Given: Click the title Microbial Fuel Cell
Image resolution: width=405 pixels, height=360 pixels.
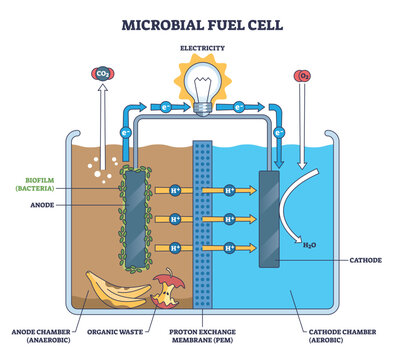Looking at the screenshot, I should tap(202, 19).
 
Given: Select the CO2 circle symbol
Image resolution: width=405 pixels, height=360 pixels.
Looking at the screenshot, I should tap(101, 74).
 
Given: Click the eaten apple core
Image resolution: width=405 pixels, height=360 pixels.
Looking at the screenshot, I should tap(162, 294).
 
